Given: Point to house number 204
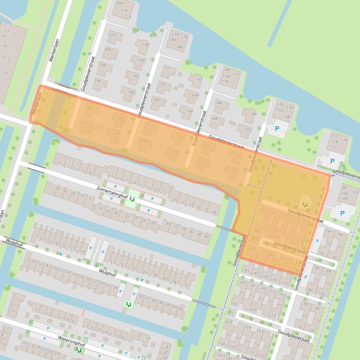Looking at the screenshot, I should click(x=119, y=3).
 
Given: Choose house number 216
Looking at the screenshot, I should click(x=128, y=16).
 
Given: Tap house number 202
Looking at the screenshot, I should click(x=113, y=35).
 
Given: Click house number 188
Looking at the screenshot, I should click(x=146, y=45).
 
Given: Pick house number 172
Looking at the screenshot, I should click(x=166, y=69).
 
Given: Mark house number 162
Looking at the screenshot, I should click(x=199, y=79).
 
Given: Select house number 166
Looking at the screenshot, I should click(x=189, y=111).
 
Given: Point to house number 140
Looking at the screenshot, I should click(x=253, y=114).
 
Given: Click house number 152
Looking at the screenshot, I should click(x=237, y=74).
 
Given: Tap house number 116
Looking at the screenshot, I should click(x=344, y=140).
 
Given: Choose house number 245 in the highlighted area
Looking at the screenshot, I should click(x=89, y=108).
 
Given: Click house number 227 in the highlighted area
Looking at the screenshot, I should click(x=239, y=156).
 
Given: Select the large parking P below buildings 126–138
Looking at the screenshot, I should click(x=277, y=129).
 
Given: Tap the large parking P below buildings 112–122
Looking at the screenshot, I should click(x=332, y=161).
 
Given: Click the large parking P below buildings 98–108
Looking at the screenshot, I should click(x=342, y=213).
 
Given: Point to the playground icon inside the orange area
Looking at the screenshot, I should click(x=305, y=204).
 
